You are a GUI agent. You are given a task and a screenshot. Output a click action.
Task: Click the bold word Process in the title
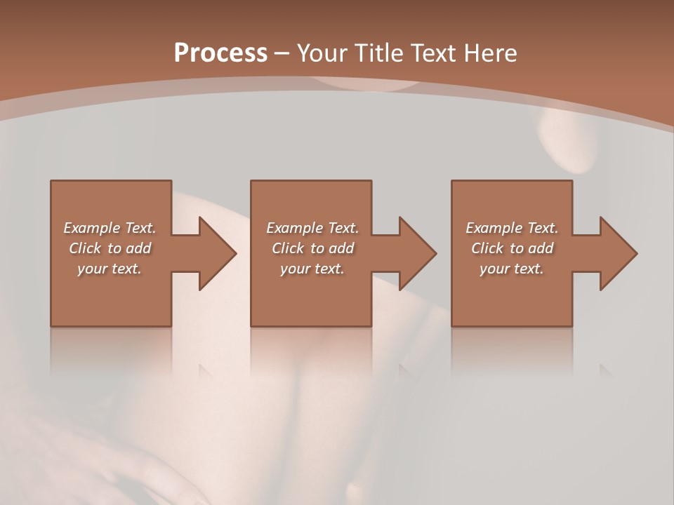pyautogui.click(x=220, y=53)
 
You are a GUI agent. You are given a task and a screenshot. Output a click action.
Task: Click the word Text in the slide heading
pyautogui.click(x=435, y=53)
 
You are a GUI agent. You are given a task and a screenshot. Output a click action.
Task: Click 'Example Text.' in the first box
pyautogui.click(x=110, y=228)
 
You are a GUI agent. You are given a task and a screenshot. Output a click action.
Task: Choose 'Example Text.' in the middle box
pyautogui.click(x=312, y=228)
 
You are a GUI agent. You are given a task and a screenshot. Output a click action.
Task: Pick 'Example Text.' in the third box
pyautogui.click(x=512, y=228)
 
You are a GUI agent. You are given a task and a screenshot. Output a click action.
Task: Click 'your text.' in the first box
pyautogui.click(x=110, y=269)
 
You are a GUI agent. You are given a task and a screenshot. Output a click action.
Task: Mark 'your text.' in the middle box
pyautogui.click(x=312, y=269)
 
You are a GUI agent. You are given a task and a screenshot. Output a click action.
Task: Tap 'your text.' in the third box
pyautogui.click(x=512, y=269)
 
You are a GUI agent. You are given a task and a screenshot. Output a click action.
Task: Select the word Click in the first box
pyautogui.click(x=85, y=248)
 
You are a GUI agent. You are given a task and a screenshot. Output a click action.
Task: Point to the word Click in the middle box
pyautogui.click(x=288, y=248)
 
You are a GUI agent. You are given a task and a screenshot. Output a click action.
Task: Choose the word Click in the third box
pyautogui.click(x=487, y=248)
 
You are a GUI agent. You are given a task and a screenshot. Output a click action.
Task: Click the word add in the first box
pyautogui.click(x=138, y=248)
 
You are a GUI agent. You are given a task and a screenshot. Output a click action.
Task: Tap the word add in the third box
pyautogui.click(x=541, y=248)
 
